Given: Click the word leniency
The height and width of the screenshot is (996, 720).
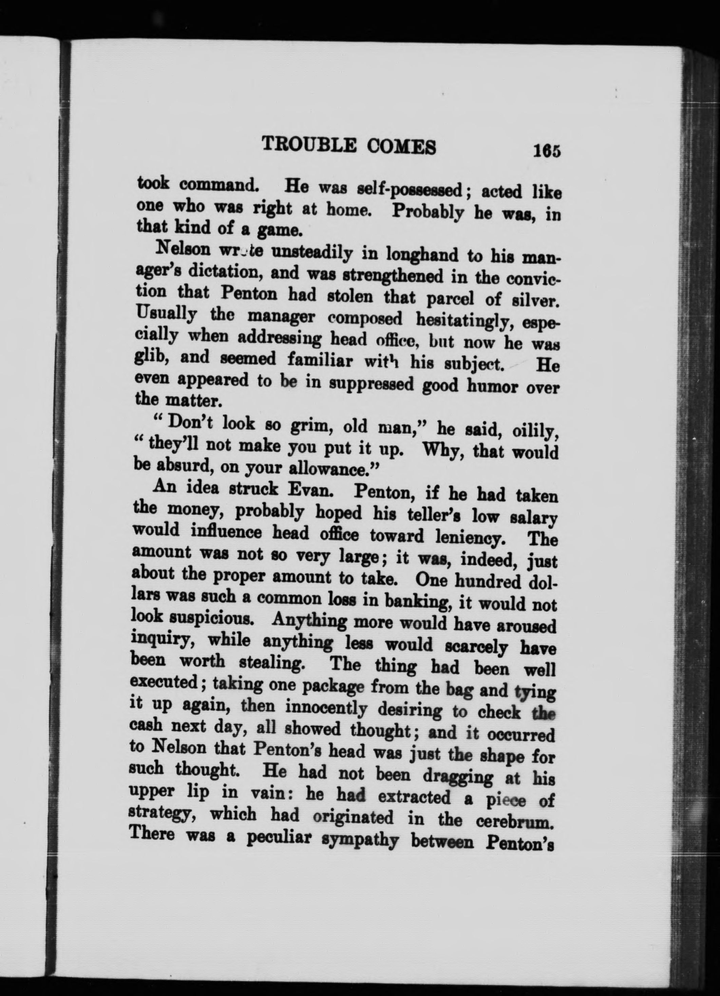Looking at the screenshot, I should pyautogui.click(x=470, y=537).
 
